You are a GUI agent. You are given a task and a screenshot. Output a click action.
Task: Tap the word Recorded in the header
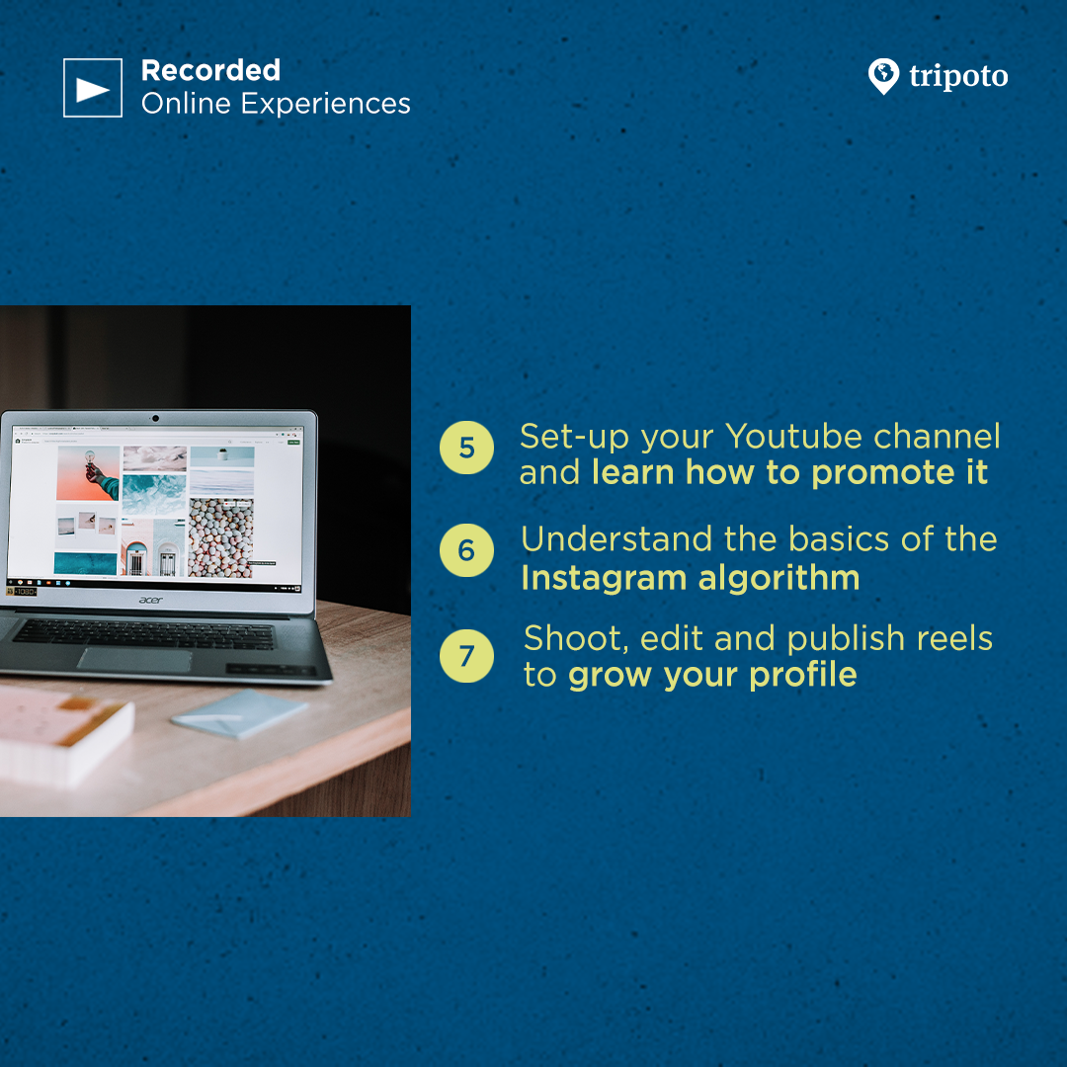coord(210,71)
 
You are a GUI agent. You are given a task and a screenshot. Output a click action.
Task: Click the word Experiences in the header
coord(325,104)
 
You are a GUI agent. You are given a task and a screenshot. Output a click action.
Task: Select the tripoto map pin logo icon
coord(883,76)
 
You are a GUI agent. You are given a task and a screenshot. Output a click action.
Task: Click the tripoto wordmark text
coord(958,76)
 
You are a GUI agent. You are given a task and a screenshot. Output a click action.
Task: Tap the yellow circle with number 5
coord(466,448)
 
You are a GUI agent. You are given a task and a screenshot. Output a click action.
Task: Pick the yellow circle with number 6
coord(466,550)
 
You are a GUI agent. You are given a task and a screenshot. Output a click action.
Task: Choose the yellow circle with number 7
coord(466,656)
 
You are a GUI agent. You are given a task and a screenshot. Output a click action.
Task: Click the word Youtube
coord(793,437)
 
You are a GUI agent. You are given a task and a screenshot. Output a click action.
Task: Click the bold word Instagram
coord(604,579)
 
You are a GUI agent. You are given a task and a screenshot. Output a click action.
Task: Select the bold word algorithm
coord(780,579)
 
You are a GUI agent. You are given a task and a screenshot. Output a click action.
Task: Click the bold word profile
coord(803,676)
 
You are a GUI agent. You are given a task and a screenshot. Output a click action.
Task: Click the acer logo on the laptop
coord(151,600)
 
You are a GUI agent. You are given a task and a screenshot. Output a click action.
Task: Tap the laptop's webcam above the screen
coord(155,418)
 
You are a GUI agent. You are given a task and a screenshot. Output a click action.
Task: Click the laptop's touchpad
coord(134,659)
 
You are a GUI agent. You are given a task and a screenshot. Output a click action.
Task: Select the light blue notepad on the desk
coord(239,712)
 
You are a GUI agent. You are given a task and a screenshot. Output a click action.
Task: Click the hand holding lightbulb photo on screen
coord(88,473)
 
